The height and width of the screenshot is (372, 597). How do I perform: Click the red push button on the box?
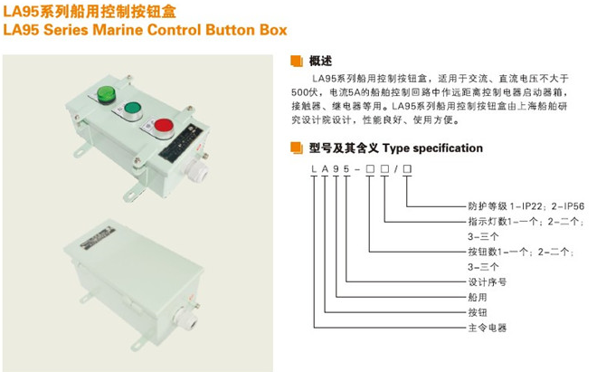coord(164,125)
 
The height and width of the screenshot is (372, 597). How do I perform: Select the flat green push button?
coord(132,108)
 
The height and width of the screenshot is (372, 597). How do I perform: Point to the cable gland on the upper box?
coord(197,171)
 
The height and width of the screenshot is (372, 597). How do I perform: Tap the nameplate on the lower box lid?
coord(96,237)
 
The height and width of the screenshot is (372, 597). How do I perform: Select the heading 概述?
coord(320,61)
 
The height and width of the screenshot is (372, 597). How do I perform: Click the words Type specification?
coord(432,148)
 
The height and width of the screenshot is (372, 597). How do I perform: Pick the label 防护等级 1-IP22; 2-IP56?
coord(526,206)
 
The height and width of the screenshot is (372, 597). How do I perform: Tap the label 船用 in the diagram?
coord(478,297)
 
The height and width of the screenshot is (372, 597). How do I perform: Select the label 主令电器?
coord(487,328)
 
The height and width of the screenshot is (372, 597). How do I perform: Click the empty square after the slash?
coord(407,169)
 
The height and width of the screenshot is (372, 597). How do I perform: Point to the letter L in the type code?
coord(314,169)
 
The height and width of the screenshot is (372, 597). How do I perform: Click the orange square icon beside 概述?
coord(297,61)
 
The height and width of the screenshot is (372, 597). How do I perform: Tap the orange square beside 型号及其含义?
coord(297,148)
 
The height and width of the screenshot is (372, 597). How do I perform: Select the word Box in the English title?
coord(273,30)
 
